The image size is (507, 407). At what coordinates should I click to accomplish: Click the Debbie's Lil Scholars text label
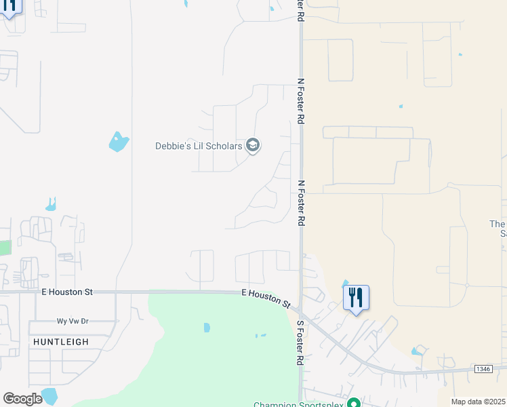click(199, 146)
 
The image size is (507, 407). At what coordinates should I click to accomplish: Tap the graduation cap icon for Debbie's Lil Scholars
click(253, 146)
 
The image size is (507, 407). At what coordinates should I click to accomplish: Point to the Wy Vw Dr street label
click(73, 321)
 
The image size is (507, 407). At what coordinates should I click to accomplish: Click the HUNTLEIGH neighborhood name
click(60, 342)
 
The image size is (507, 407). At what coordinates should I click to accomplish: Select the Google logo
click(22, 399)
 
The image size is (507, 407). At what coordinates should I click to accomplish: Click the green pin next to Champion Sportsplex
click(352, 404)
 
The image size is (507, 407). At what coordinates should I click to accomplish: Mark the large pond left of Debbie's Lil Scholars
click(118, 142)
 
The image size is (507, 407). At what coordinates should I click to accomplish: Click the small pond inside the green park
click(206, 328)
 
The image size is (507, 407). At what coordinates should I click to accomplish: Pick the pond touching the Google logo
click(49, 395)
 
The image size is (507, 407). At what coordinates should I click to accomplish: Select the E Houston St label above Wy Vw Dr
click(66, 292)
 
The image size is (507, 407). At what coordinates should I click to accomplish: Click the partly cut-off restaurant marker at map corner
click(9, 7)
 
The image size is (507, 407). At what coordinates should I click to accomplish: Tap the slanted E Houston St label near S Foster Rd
click(266, 298)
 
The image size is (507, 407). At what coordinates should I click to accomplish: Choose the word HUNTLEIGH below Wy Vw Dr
click(60, 342)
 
